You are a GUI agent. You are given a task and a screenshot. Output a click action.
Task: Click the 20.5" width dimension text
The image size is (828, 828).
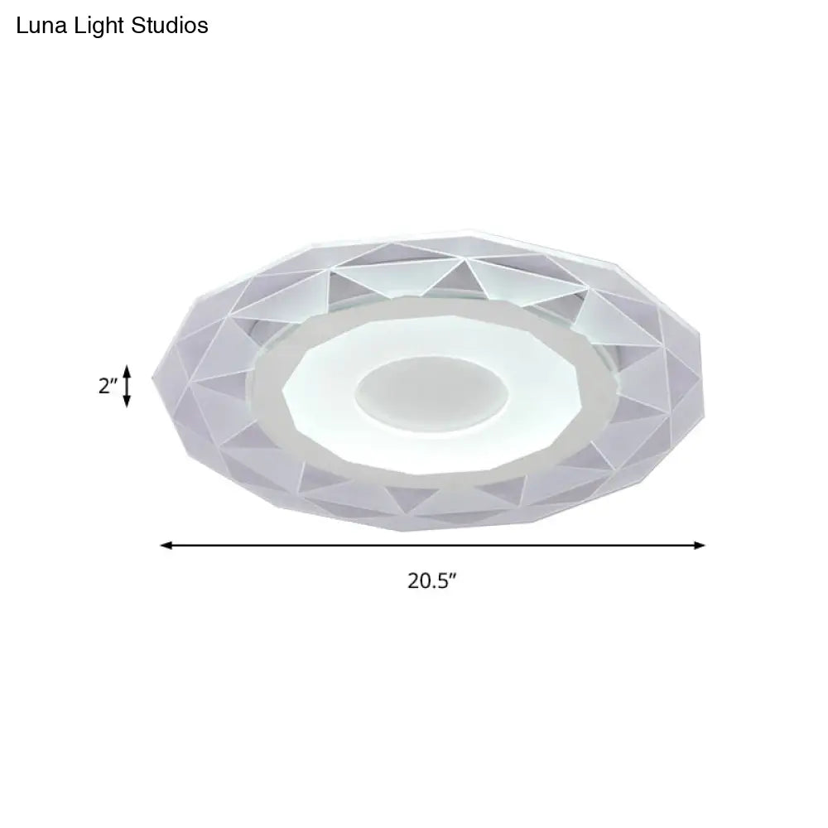click(x=432, y=580)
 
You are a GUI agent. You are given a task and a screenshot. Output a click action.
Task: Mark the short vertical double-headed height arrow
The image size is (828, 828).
click(x=127, y=387)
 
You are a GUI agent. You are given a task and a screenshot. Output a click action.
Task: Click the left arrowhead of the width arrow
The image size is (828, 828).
click(x=165, y=545)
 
